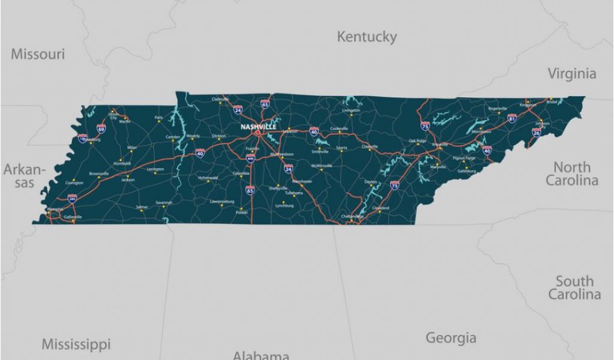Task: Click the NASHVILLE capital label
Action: tap(258, 127)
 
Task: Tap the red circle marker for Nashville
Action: tap(258, 133)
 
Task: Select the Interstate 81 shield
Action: tap(511, 119)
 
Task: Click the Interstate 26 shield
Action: tap(536, 132)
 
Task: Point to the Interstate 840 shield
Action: tap(250, 158)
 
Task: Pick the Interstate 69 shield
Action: tap(101, 128)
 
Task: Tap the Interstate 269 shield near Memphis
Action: tap(72, 198)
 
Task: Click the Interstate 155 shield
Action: tap(83, 139)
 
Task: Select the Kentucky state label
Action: tap(366, 37)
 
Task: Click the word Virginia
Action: tap(572, 74)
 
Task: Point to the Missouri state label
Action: tap(38, 54)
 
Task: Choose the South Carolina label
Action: tap(574, 287)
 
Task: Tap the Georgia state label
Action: tap(451, 338)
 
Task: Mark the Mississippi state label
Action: tap(76, 344)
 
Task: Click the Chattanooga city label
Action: tap(352, 216)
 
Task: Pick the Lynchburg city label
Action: tap(284, 205)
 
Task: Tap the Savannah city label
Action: tap(164, 202)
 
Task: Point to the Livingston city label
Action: tap(351, 110)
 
